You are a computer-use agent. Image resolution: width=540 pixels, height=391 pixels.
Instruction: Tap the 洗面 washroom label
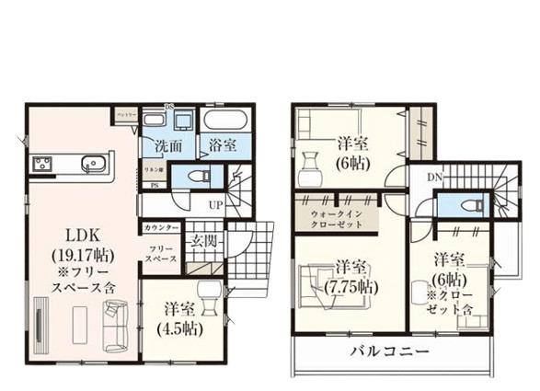(167, 145)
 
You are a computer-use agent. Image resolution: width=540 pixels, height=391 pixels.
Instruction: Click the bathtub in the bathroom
(224, 121)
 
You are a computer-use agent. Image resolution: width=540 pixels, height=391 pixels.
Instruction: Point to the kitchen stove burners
(44, 165)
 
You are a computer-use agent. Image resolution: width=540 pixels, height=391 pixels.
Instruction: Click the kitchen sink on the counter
(93, 165)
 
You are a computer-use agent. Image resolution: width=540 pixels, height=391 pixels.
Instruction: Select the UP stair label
(215, 204)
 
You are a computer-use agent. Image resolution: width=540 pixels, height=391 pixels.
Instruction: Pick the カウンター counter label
(160, 226)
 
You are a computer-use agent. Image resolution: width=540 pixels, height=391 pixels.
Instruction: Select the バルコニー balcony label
(389, 352)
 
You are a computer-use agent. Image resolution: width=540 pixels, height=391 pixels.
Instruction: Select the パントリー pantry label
(125, 114)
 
